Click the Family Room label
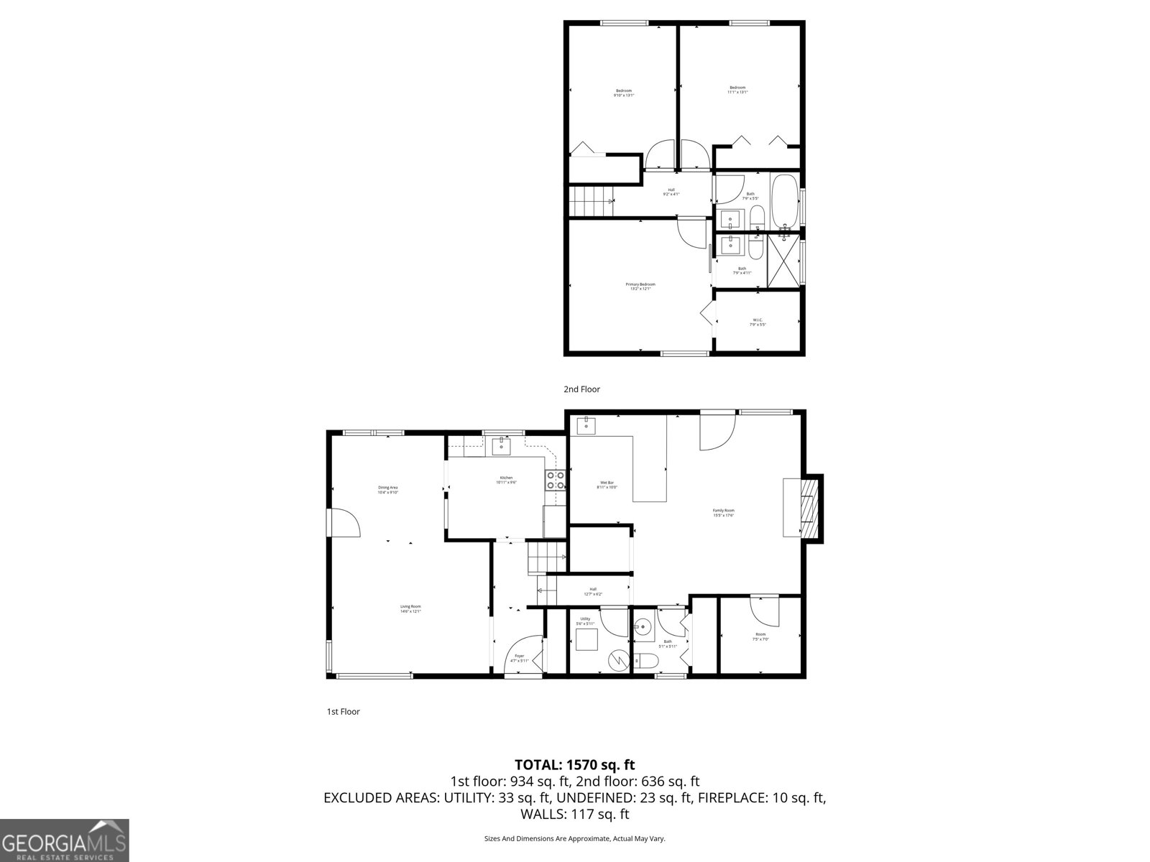click(x=724, y=512)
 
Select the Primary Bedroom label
click(x=640, y=286)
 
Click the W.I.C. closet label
click(x=758, y=322)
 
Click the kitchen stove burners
click(x=555, y=480)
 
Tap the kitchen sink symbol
click(x=501, y=447)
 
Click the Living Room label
click(x=410, y=608)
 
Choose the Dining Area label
click(x=388, y=490)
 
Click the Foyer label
click(x=519, y=657)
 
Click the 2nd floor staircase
click(x=591, y=200)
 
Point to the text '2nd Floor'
click(x=581, y=389)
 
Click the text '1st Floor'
click(x=343, y=712)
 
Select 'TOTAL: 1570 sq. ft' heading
click(x=574, y=764)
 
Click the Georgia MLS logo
click(x=64, y=840)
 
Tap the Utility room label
click(x=585, y=621)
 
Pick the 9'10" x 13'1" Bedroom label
click(x=623, y=93)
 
